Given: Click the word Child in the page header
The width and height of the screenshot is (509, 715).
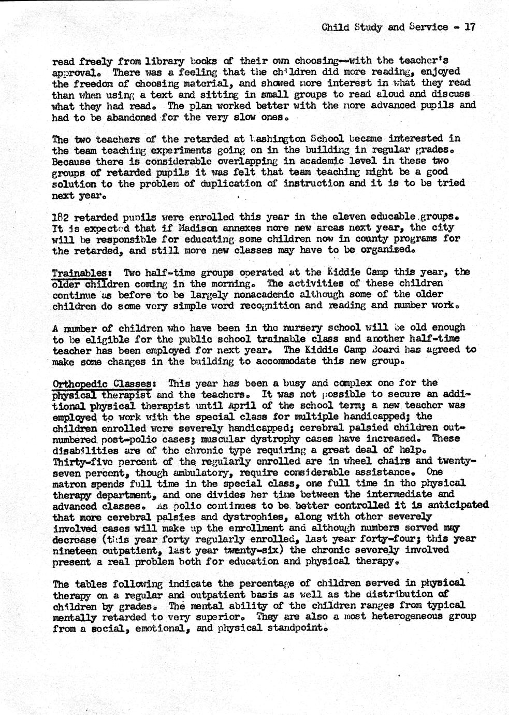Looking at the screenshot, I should tap(335, 27).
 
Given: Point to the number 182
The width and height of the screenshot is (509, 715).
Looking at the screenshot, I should tap(61, 217).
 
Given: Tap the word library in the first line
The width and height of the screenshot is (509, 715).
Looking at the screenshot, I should tap(147, 61).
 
